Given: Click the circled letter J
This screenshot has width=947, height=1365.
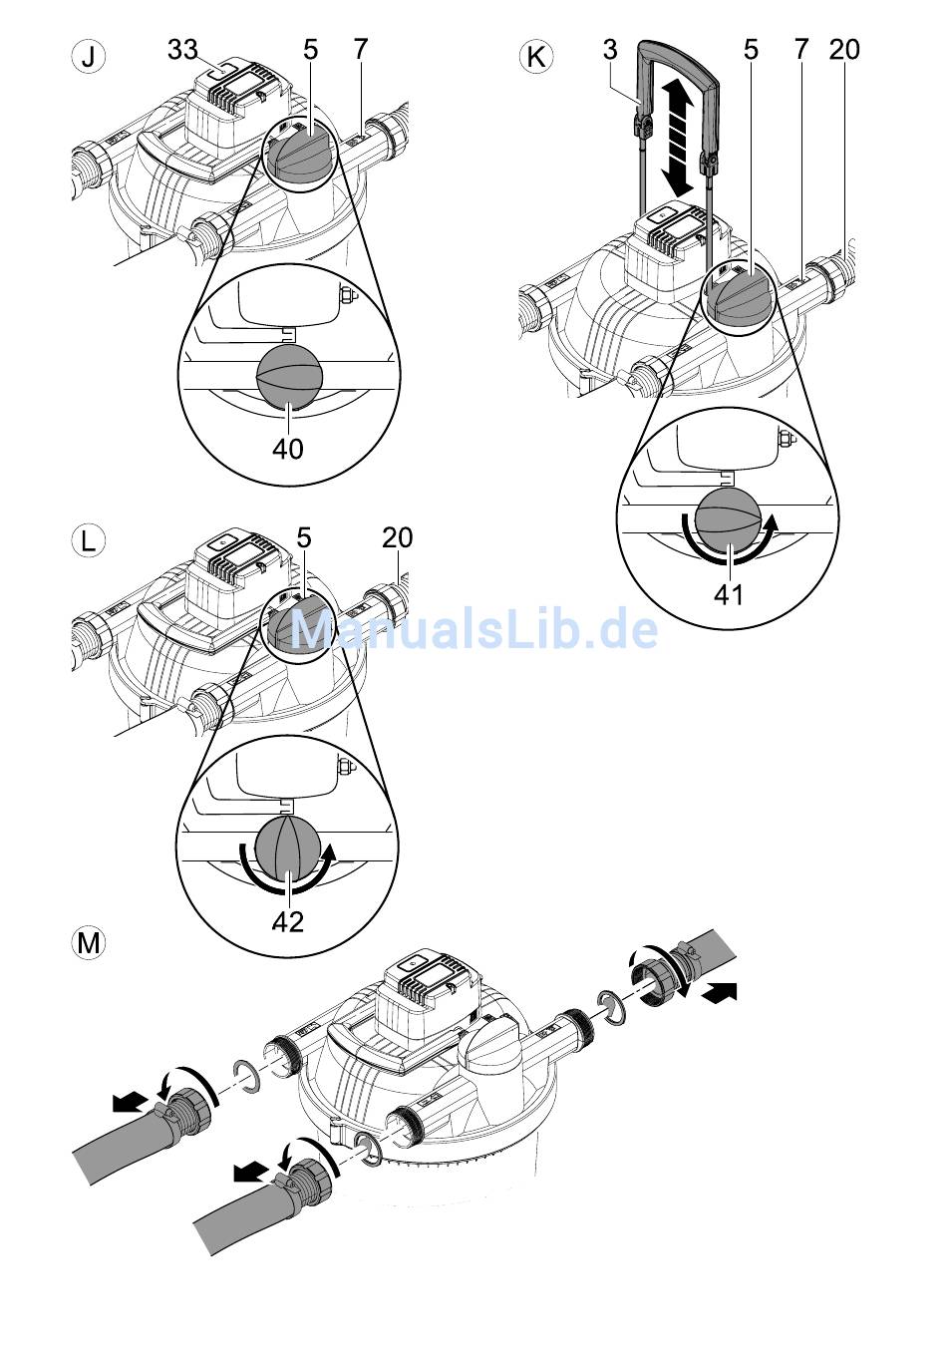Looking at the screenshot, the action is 89,56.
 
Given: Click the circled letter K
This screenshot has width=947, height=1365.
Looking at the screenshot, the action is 535,56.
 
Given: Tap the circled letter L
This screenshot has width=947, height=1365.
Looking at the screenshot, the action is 89,541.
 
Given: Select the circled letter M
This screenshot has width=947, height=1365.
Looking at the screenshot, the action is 89,941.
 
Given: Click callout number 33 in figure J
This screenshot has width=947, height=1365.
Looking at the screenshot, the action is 182,49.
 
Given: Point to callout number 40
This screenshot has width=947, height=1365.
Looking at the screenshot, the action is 288,450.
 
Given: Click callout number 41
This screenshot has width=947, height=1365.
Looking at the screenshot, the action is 729,594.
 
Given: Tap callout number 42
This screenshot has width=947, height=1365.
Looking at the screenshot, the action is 288,922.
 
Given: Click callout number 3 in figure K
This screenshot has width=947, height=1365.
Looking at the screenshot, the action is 610,49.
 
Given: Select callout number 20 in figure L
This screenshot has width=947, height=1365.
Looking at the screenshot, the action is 397,537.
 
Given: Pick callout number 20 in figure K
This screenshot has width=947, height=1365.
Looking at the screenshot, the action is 843,49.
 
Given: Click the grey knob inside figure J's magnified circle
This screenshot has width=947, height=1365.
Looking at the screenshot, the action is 290,377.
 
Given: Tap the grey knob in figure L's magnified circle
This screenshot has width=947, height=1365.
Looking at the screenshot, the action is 289,850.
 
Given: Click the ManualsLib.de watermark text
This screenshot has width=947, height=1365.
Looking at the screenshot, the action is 473,630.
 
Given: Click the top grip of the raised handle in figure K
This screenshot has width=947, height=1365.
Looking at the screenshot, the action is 678,50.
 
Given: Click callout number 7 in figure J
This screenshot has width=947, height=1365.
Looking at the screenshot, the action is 360,49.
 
